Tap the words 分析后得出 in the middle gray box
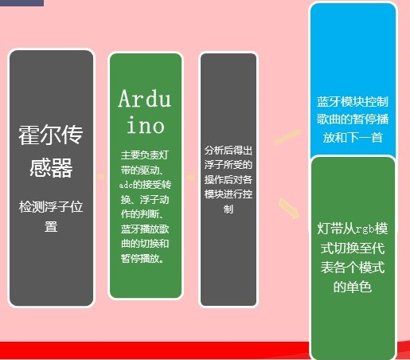click(x=228, y=149)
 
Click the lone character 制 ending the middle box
click(x=228, y=209)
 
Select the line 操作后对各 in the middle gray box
click(x=228, y=179)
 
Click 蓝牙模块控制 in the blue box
click(x=352, y=103)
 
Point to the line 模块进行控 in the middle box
click(x=228, y=194)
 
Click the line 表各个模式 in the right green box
click(x=352, y=266)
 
